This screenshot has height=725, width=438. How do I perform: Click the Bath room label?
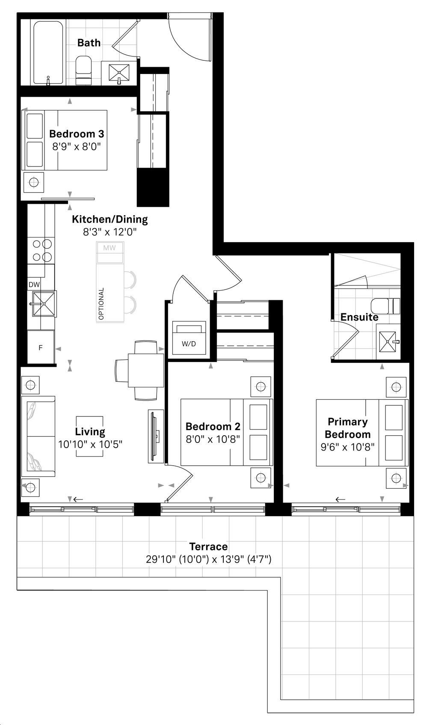(89, 43)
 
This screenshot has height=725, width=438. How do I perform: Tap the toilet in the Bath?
(84, 70)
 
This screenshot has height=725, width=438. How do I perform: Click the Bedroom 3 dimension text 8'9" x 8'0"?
(77, 146)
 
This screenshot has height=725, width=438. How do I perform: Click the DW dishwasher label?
(34, 285)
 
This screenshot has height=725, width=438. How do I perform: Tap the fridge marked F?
(41, 348)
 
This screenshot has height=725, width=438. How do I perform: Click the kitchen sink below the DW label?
(44, 304)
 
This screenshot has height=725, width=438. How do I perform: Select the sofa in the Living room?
(38, 436)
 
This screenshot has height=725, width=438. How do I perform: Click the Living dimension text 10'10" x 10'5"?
(90, 444)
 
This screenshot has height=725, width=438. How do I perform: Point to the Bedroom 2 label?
(213, 427)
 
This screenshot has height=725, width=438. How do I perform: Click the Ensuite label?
(359, 317)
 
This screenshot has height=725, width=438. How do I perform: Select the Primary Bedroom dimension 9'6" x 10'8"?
(347, 447)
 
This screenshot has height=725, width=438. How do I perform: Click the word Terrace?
(208, 547)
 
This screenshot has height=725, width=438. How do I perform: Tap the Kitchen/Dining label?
(109, 219)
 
